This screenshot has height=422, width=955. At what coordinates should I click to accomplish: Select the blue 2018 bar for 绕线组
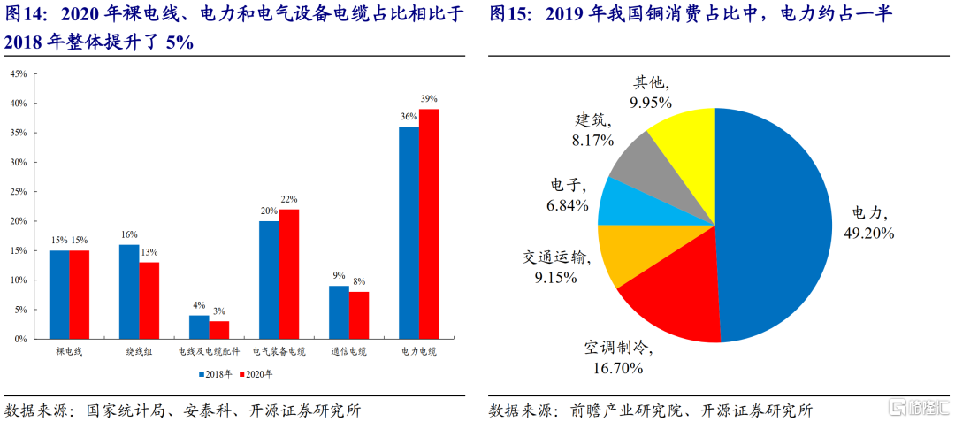129,292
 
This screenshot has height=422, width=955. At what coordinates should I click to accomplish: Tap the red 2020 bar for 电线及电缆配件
219,330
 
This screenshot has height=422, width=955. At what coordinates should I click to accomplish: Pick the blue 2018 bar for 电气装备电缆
269,280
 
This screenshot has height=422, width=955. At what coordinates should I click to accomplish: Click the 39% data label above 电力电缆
429,99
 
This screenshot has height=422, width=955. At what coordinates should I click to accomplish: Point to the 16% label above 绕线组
129,234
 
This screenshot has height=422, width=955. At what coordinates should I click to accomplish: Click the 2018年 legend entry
216,374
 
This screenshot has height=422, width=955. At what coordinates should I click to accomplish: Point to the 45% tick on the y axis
18,73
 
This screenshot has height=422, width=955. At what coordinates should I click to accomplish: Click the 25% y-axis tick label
18,192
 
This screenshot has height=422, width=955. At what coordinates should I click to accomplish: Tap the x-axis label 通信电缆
348,352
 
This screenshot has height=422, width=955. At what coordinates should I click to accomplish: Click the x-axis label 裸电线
69,352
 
